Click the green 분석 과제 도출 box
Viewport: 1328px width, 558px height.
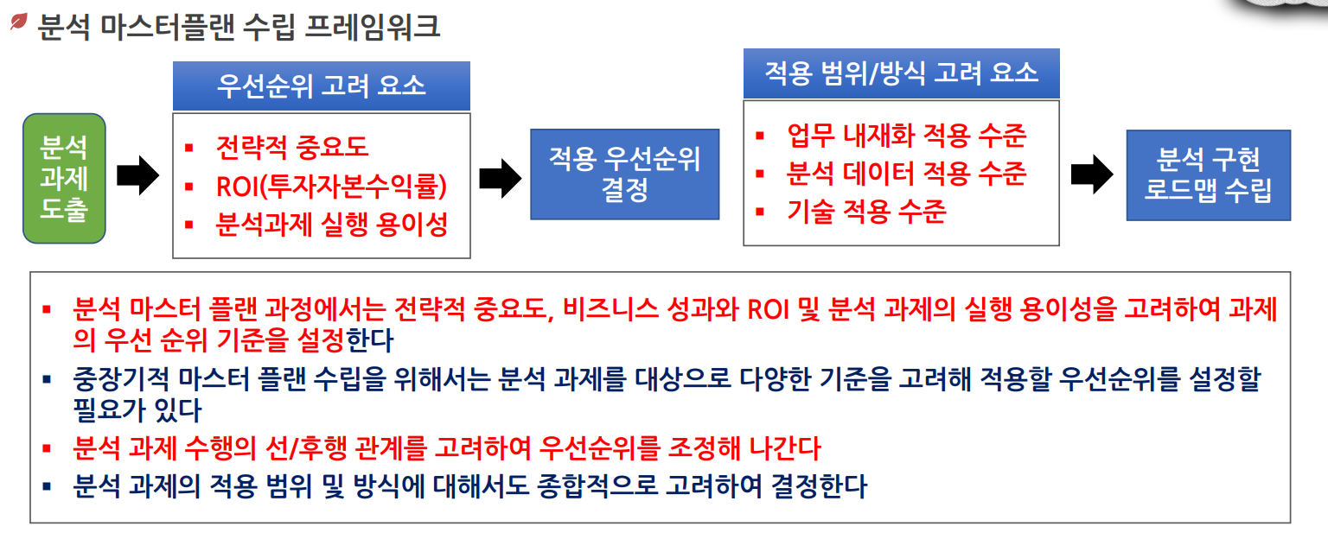[64, 178]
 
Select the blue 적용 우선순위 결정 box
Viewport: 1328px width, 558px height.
[624, 174]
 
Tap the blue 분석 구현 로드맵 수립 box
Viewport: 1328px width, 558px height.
[1208, 174]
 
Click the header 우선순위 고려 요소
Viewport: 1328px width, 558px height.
[322, 86]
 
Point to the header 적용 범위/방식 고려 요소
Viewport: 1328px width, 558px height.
[901, 72]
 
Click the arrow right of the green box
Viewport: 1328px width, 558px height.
[137, 176]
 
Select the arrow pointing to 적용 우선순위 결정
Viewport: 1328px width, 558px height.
[500, 176]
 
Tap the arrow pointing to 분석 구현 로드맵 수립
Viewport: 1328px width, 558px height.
[1092, 174]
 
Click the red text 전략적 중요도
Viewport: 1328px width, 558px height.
[291, 147]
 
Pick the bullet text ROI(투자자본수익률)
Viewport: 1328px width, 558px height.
[331, 186]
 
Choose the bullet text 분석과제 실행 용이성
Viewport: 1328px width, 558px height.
[331, 225]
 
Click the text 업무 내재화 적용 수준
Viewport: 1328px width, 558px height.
[906, 135]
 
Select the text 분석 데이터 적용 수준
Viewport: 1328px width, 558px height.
[906, 174]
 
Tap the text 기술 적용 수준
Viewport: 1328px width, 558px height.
[866, 211]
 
